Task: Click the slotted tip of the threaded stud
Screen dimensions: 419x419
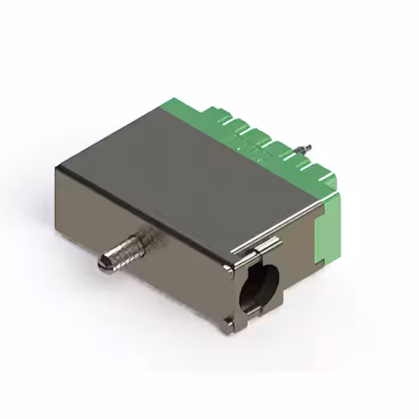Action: coord(103,264)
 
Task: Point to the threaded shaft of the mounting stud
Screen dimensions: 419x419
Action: coord(128,249)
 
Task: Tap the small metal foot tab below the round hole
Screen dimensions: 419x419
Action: coord(227,321)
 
